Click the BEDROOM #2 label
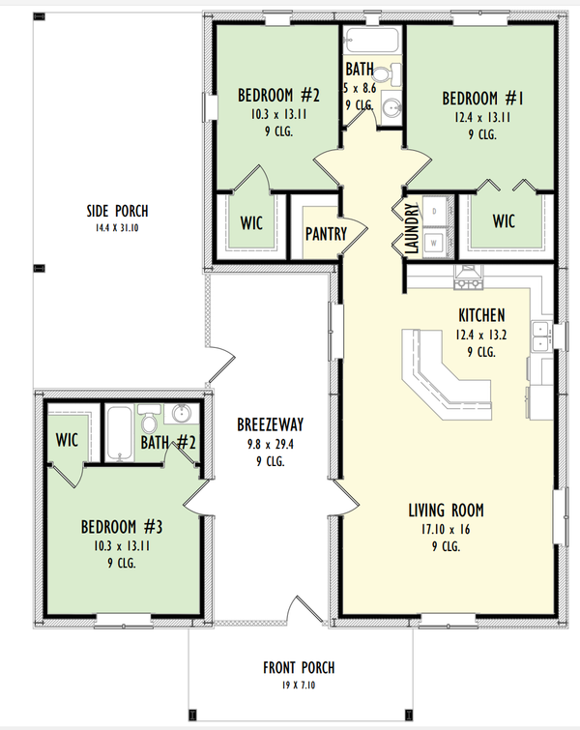pyautogui.click(x=278, y=96)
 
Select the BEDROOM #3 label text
pyautogui.click(x=121, y=528)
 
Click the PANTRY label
pyautogui.click(x=326, y=234)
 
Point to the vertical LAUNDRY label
pyautogui.click(x=412, y=228)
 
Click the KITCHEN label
pyautogui.click(x=480, y=315)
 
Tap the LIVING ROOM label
pyautogui.click(x=446, y=511)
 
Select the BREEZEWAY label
pyautogui.click(x=271, y=424)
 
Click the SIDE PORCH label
pyautogui.click(x=115, y=212)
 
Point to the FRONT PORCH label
pyautogui.click(x=298, y=668)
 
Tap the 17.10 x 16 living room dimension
pyautogui.click(x=447, y=530)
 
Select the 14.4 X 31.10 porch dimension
pyautogui.click(x=115, y=228)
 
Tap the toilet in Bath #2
pyautogui.click(x=150, y=423)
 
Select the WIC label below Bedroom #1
pyautogui.click(x=504, y=221)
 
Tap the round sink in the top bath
pyautogui.click(x=390, y=106)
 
